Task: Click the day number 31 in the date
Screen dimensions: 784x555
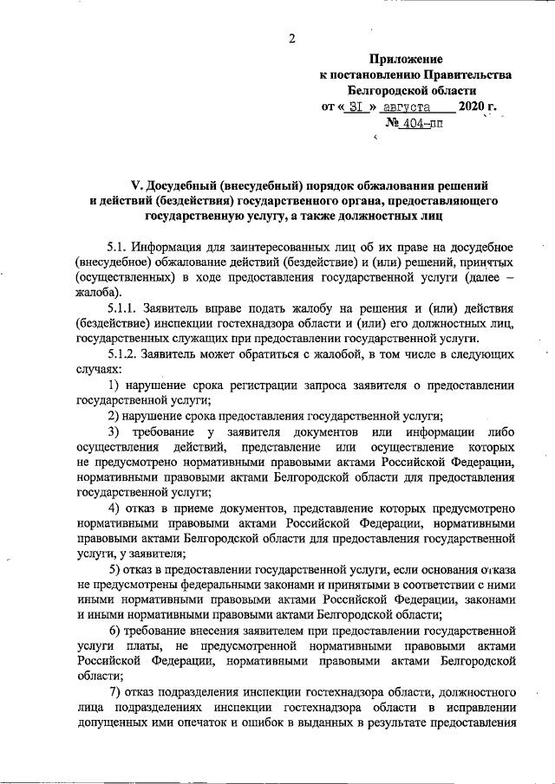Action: click(x=356, y=107)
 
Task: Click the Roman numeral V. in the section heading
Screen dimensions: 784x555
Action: click(x=136, y=184)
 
